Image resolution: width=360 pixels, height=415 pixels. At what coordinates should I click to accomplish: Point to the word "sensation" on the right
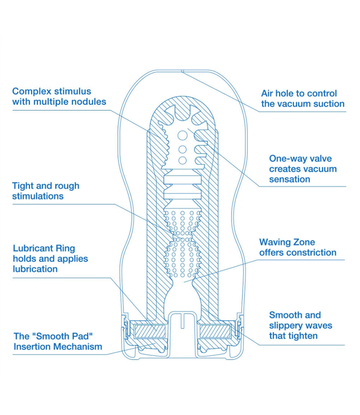click(290, 179)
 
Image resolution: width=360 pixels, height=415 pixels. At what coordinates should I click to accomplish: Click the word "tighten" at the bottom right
click(301, 336)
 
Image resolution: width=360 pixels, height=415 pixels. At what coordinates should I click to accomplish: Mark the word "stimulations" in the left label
click(38, 196)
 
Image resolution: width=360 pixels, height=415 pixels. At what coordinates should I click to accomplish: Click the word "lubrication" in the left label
click(35, 269)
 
